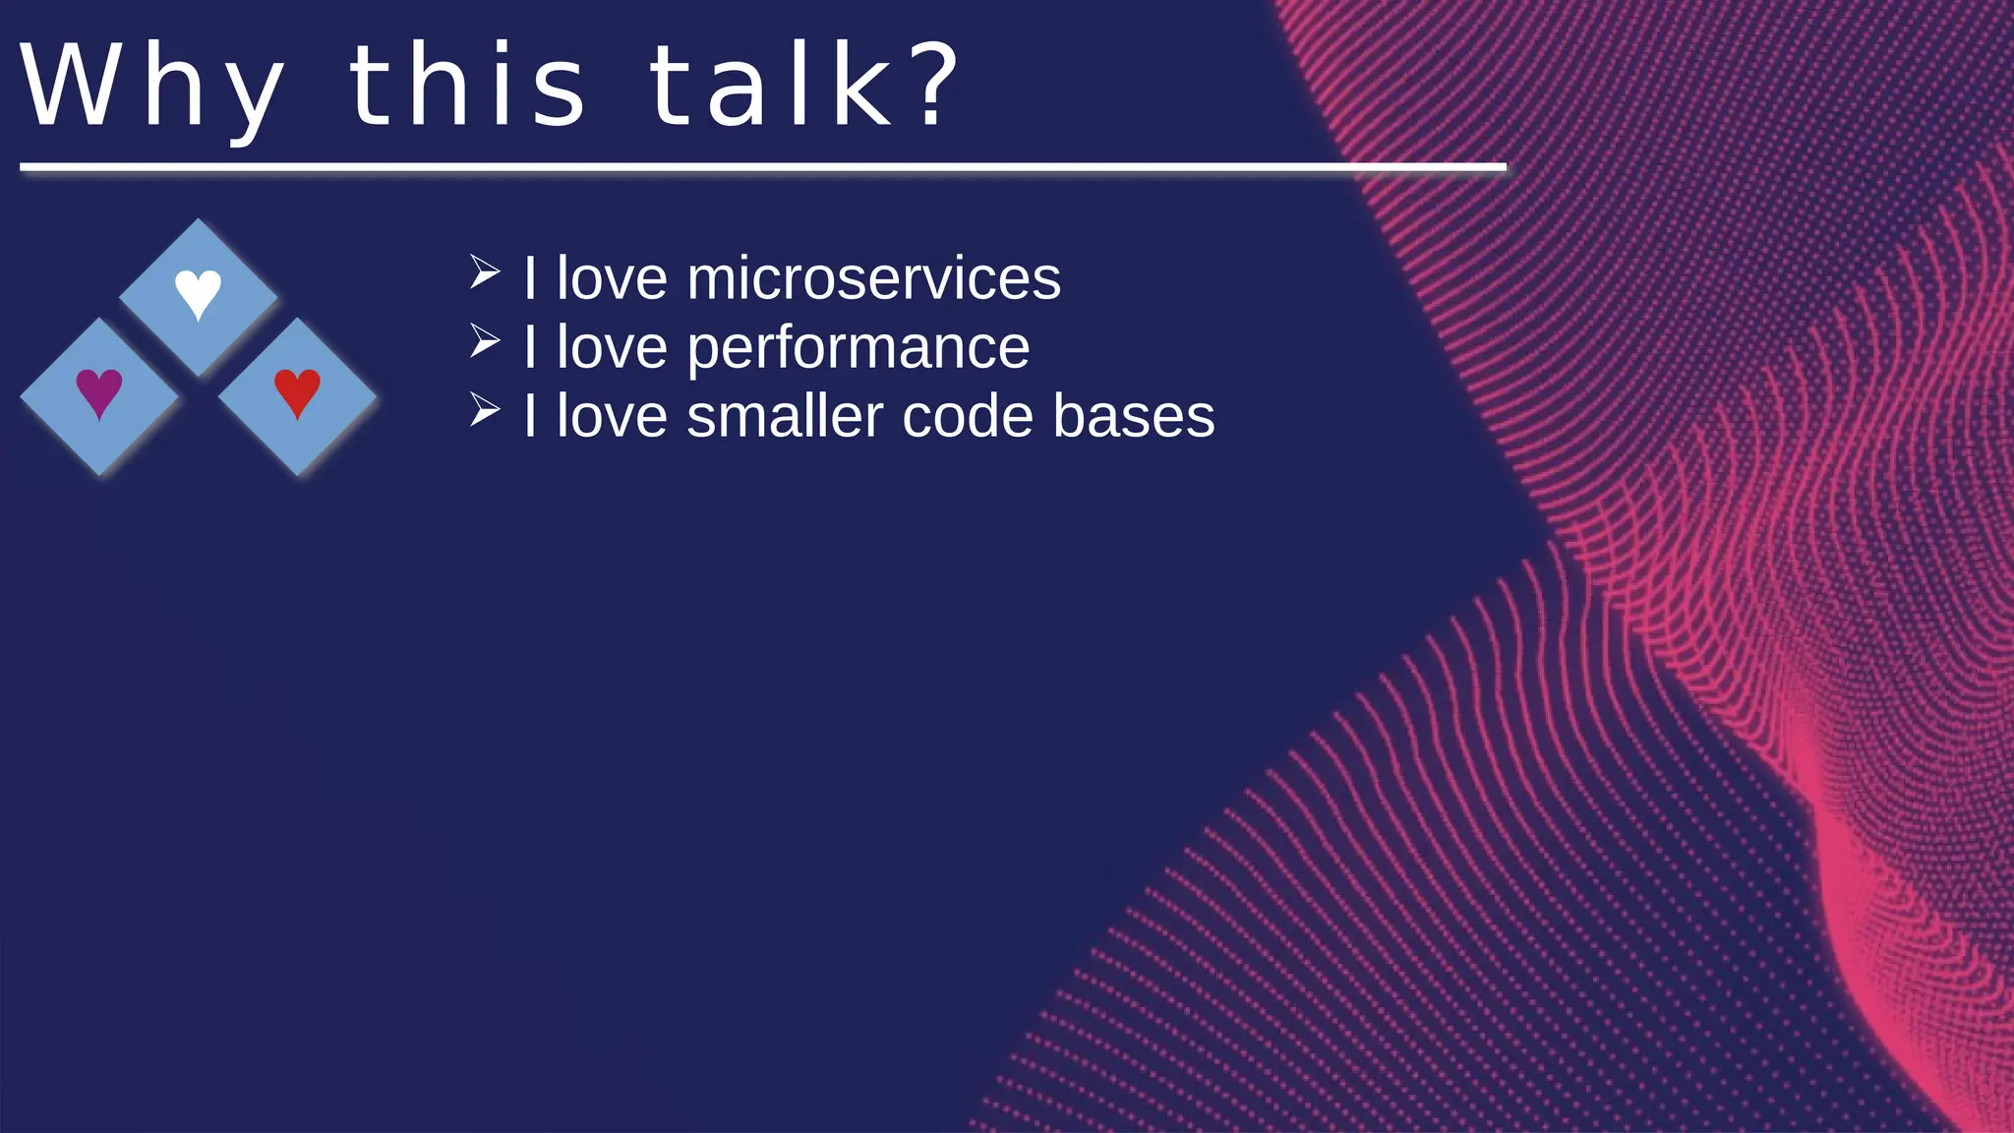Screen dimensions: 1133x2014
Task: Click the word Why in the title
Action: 152,89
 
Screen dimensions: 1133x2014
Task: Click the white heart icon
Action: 198,293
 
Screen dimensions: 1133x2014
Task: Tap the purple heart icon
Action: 99,392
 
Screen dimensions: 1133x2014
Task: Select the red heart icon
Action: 297,392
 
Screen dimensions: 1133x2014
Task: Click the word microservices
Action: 873,278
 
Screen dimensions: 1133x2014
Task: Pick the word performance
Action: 858,348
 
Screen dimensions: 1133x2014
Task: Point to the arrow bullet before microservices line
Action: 484,272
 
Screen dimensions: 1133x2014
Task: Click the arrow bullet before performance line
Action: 484,341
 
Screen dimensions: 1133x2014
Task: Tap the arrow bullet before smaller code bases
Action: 484,410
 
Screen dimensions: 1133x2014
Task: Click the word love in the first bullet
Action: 612,278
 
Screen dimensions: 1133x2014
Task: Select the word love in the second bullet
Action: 612,347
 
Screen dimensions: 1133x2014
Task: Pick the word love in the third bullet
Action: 612,416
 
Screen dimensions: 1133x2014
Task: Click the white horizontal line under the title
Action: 762,168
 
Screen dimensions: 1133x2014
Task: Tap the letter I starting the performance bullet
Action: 530,347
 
